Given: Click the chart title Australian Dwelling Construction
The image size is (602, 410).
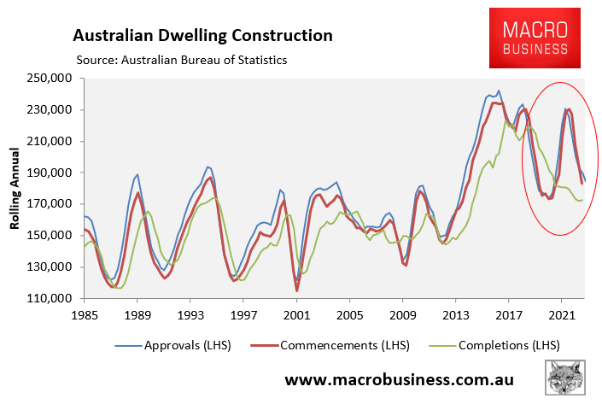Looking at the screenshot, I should tap(202, 35).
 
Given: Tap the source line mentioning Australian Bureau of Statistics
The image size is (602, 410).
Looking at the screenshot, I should tap(181, 60).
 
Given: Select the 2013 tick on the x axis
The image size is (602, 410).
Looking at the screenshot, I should tap(455, 314).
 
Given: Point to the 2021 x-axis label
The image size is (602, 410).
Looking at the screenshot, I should tap(561, 314).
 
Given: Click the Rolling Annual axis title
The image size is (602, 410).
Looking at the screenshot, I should tap(15, 188).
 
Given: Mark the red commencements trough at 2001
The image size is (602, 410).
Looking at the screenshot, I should tap(297, 290).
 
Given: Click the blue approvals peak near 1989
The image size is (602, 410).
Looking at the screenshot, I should tap(137, 174).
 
